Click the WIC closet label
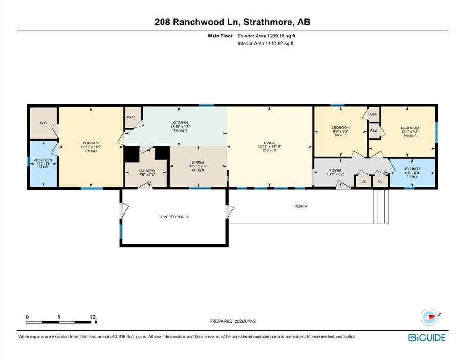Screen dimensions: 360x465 coord(43,123)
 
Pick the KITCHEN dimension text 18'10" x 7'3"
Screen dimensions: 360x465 coord(180,127)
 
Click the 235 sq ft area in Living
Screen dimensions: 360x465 coord(269,151)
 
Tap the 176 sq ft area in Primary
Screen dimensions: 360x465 coord(90,151)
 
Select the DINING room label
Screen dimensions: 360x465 coord(198,162)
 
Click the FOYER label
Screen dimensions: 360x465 coord(335,170)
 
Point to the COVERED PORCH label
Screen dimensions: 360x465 coord(173,217)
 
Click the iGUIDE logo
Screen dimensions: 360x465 coord(427,337)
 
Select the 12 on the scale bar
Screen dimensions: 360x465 coord(93,317)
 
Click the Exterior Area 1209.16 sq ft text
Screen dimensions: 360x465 coord(266,36)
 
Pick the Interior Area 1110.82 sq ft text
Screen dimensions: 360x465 coord(266,44)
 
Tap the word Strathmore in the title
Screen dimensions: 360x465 coord(268,22)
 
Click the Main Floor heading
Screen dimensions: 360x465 coord(221,36)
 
